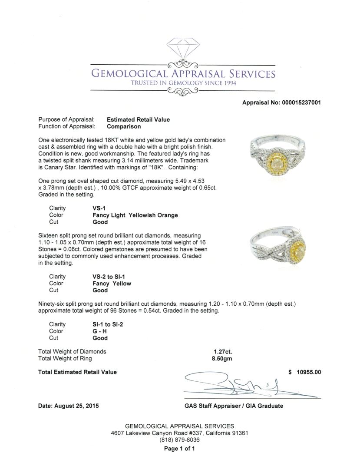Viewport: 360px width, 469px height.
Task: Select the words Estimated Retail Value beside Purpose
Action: pos(138,119)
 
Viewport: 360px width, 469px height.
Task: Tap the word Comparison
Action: pos(124,126)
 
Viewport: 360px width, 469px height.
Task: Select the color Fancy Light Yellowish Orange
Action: pos(135,215)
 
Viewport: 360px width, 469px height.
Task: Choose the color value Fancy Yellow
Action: pos(112,283)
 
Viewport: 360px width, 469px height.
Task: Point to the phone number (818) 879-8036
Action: pos(179,439)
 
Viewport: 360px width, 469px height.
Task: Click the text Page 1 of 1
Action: pos(179,449)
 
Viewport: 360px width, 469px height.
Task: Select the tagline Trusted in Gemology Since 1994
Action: pos(182,83)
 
